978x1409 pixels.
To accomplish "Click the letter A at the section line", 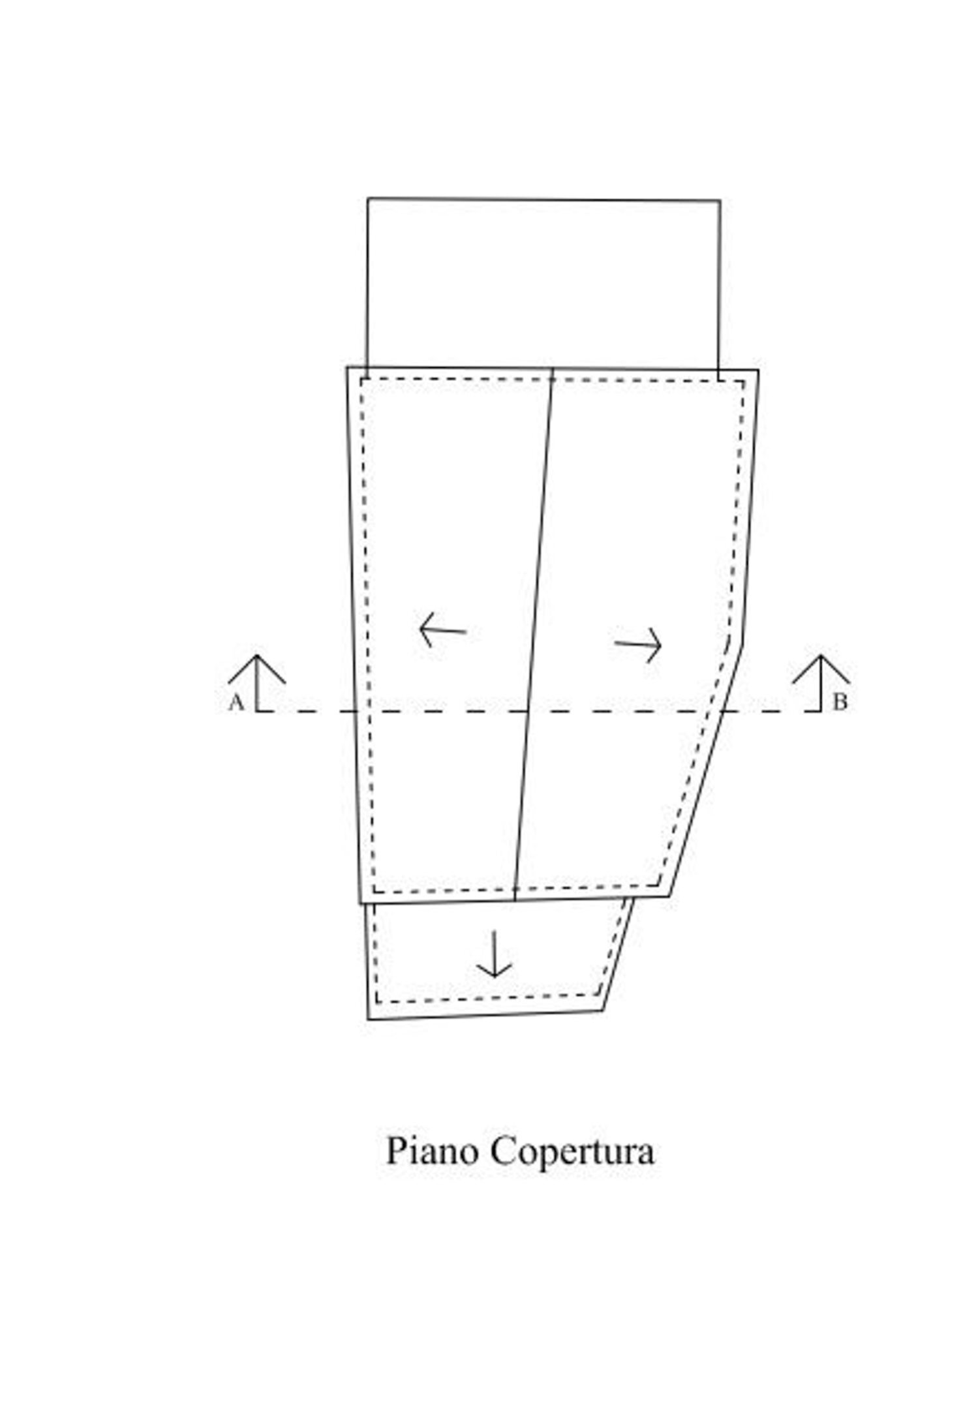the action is click(x=236, y=703).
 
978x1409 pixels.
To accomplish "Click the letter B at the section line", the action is click(x=840, y=703).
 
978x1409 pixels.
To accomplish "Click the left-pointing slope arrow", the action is click(x=442, y=629).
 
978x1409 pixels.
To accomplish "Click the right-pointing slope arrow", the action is click(x=638, y=645).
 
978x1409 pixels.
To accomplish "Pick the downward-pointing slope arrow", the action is click(x=494, y=954).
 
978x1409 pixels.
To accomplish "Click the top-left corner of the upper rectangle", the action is click(x=368, y=198).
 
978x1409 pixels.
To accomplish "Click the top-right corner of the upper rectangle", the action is click(x=720, y=200).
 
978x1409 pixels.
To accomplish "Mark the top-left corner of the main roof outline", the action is click(x=347, y=367).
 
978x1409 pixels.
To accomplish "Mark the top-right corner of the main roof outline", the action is click(x=758, y=371).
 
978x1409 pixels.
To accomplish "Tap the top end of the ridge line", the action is click(x=553, y=369).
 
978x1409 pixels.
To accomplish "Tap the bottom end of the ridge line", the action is click(x=515, y=901).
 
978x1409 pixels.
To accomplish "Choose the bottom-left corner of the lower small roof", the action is click(x=368, y=1019).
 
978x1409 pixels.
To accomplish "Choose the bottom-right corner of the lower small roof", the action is click(x=602, y=1010).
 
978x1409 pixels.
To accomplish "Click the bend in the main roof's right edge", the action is click(x=743, y=643).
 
